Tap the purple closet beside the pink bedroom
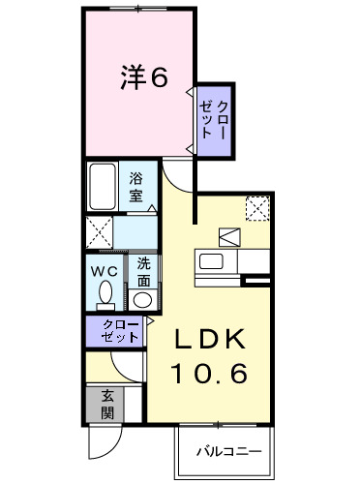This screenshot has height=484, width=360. pos(215,118)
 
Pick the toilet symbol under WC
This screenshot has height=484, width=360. pos(105,294)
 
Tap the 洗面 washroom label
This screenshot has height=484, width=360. pos(143,272)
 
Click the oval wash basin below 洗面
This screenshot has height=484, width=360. pos(143,299)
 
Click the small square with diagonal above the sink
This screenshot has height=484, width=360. pos(230,236)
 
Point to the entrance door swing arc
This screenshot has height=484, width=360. pos(103,446)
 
